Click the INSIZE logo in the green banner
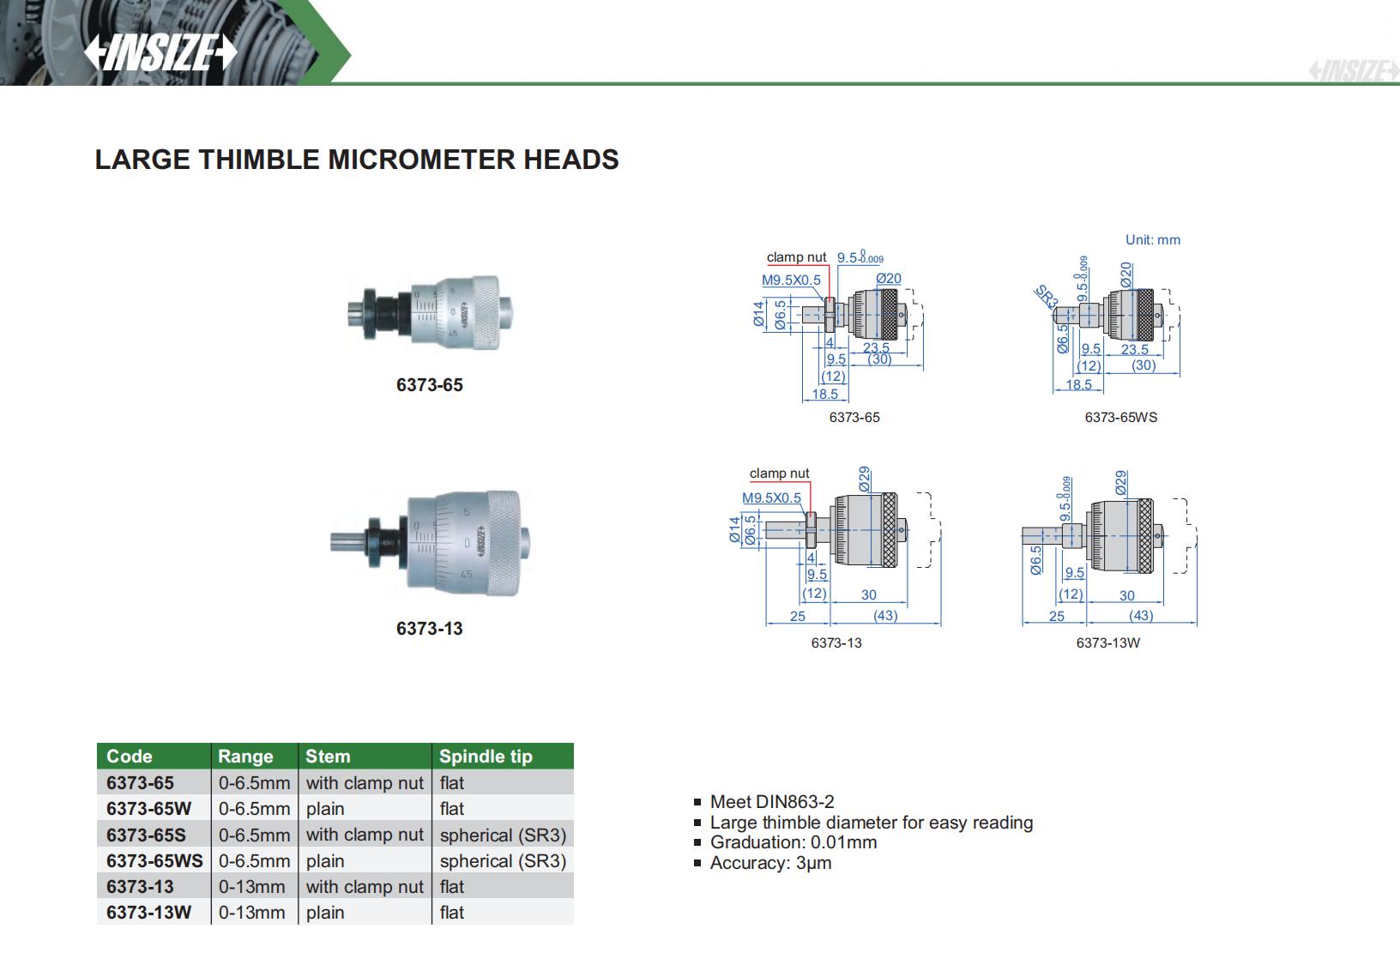pos(160,53)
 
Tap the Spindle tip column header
pos(486,757)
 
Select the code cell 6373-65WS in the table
pos(154,860)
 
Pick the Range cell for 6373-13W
pos(252,913)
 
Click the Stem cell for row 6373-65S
pos(365,835)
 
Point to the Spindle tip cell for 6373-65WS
pos(503,860)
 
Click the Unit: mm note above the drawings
pos(1152,240)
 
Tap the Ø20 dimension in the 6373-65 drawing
pos(889,278)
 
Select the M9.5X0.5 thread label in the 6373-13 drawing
pos(771,498)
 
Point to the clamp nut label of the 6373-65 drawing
pos(796,257)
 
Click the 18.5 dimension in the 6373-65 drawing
pos(824,394)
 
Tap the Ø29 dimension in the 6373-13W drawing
pos(1121,481)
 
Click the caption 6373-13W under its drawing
pos(1107,642)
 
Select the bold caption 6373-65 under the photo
pos(429,385)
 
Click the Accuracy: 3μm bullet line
pos(770,863)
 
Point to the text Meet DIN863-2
pos(771,802)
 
